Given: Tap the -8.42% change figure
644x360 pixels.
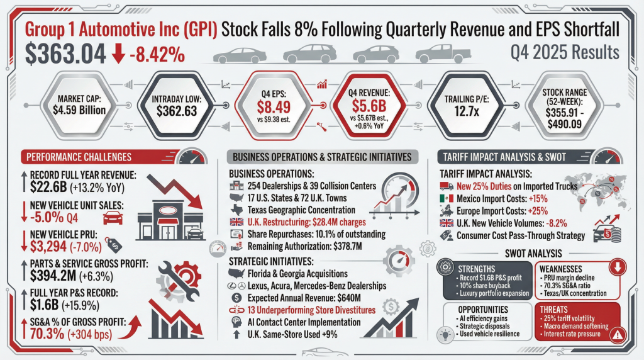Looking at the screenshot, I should point(157,53).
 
